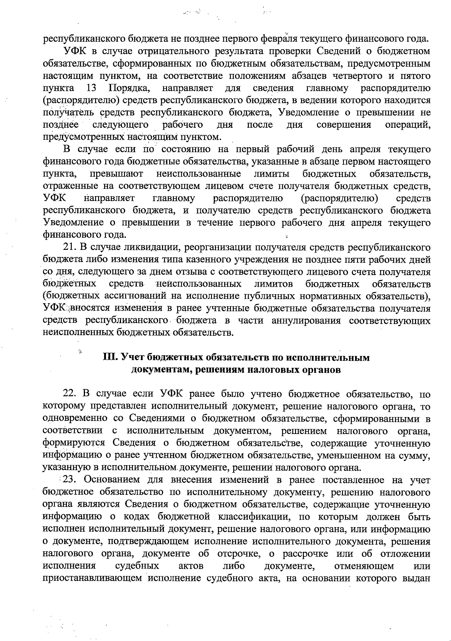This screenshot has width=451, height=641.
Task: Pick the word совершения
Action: (344, 124)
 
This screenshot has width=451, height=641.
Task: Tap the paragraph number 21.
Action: (68, 247)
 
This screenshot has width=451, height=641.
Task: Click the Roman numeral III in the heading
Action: (110, 357)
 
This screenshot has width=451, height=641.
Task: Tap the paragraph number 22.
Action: (70, 394)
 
